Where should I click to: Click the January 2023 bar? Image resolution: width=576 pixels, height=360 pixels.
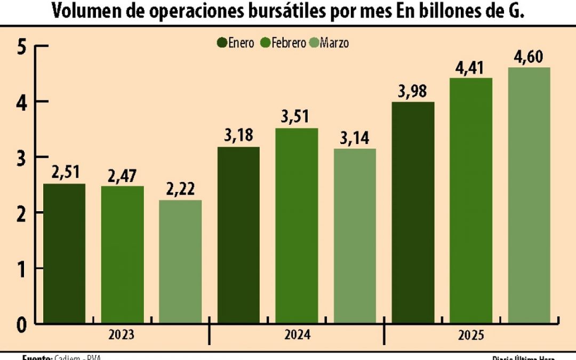click(x=64, y=253)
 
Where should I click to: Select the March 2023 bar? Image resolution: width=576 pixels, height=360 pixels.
click(x=180, y=261)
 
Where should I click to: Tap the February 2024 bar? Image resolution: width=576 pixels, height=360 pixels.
click(x=297, y=226)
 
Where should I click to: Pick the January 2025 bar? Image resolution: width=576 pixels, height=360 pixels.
click(x=413, y=212)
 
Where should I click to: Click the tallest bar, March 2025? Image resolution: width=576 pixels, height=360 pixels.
click(x=529, y=195)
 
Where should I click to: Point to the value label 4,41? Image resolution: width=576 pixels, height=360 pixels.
click(x=470, y=69)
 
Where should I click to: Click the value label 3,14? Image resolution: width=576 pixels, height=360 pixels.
click(x=355, y=140)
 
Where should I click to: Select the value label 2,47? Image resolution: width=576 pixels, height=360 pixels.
click(x=122, y=177)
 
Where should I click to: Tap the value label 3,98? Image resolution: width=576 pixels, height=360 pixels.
click(x=413, y=92)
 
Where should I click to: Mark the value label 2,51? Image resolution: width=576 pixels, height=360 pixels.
click(x=64, y=174)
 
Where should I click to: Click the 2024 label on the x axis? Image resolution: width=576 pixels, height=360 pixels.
click(x=297, y=335)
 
